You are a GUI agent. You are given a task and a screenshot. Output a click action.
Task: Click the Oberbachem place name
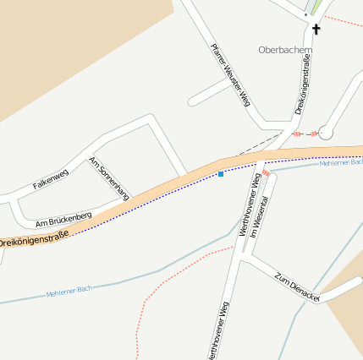(285, 49)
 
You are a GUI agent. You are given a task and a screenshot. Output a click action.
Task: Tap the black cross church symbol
(316, 30)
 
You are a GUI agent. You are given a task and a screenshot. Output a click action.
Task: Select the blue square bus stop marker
(221, 174)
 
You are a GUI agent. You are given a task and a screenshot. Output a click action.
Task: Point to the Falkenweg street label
(50, 178)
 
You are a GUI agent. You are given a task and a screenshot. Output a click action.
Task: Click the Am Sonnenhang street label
(109, 177)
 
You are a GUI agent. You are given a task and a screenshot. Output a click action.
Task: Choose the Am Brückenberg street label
(63, 221)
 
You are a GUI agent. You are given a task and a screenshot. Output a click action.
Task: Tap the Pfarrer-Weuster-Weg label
(230, 74)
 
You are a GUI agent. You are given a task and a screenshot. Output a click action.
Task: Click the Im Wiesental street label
(263, 203)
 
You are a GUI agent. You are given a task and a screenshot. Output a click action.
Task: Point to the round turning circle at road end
(326, 133)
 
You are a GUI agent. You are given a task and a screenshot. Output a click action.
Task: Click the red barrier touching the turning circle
(313, 134)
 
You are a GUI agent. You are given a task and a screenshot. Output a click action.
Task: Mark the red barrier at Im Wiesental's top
(266, 172)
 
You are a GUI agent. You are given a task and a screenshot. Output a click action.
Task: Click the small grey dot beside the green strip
(305, 15)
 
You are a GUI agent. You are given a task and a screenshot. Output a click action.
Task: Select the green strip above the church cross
(316, 7)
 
